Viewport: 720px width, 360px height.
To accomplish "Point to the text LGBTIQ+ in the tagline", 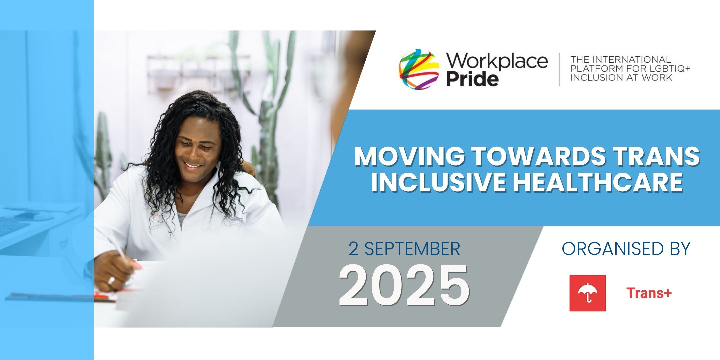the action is (664, 69).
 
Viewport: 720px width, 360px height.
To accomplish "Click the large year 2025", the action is (404, 286).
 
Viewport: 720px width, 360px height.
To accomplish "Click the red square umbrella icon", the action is (587, 293).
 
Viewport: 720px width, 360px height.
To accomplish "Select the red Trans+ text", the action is (649, 293).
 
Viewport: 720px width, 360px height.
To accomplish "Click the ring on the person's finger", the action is (111, 280).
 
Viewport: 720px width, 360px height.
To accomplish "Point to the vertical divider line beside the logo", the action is (559, 69).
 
